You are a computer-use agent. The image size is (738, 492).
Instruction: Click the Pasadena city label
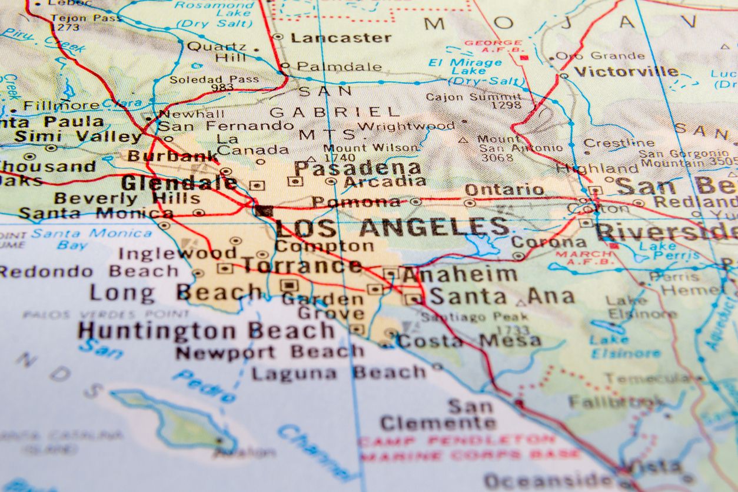[358, 168]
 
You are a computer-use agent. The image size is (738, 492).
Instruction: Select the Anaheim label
[459, 274]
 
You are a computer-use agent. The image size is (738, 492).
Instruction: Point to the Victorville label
[627, 72]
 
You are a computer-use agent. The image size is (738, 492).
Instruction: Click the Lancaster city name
[341, 38]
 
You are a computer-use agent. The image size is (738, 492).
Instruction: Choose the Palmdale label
[339, 67]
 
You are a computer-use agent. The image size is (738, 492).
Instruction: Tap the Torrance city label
[302, 265]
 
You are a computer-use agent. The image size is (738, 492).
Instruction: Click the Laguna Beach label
[338, 373]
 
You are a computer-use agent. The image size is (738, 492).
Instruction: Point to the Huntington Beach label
[206, 330]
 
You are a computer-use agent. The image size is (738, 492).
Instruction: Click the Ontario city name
[504, 190]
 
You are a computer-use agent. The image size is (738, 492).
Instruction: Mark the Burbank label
[173, 156]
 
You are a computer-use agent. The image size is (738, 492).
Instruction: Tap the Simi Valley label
[78, 137]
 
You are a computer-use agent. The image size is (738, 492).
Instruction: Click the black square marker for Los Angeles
[264, 211]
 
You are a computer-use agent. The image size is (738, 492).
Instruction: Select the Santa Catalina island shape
[177, 417]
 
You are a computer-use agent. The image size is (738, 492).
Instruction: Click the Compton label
[324, 246]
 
